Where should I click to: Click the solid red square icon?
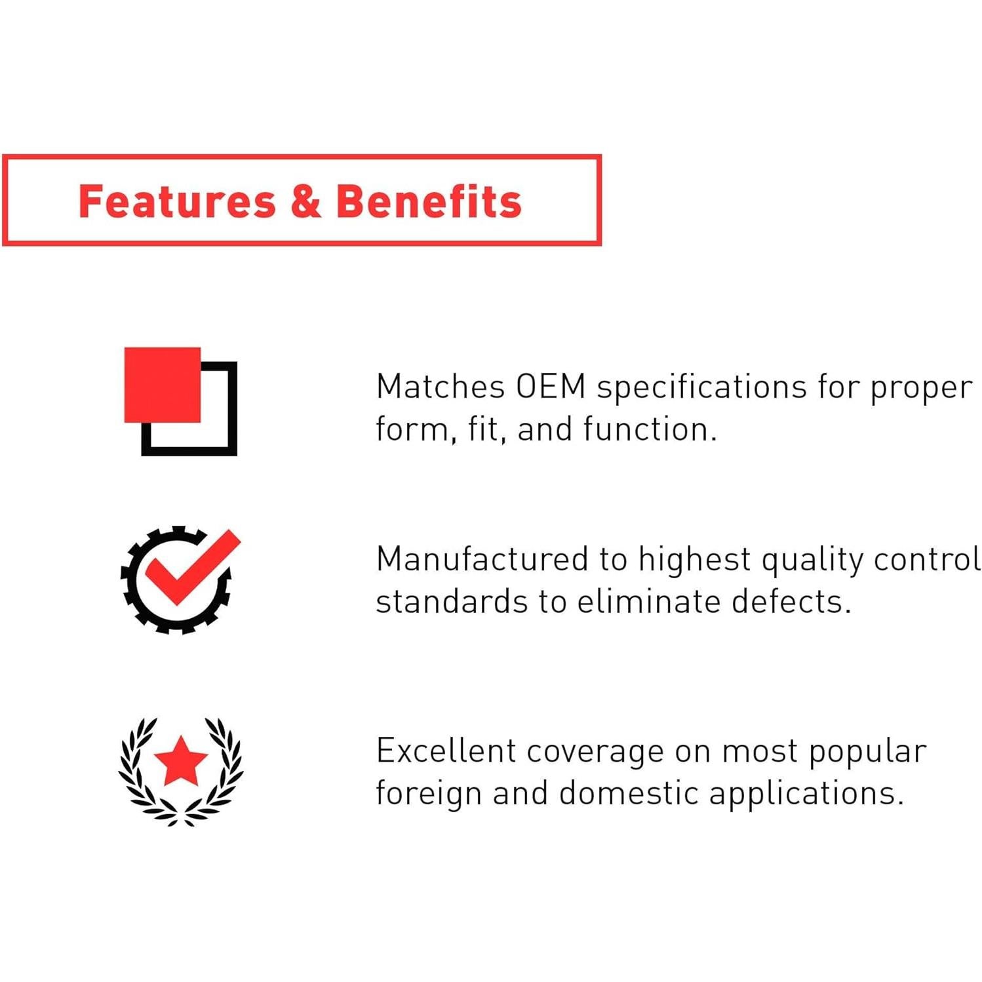tap(163, 385)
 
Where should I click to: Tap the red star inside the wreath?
tap(181, 760)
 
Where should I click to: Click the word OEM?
tap(551, 387)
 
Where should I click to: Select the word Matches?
tap(441, 387)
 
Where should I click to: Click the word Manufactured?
tap(482, 560)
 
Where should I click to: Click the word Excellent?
tap(446, 751)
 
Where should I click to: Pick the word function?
tap(650, 429)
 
